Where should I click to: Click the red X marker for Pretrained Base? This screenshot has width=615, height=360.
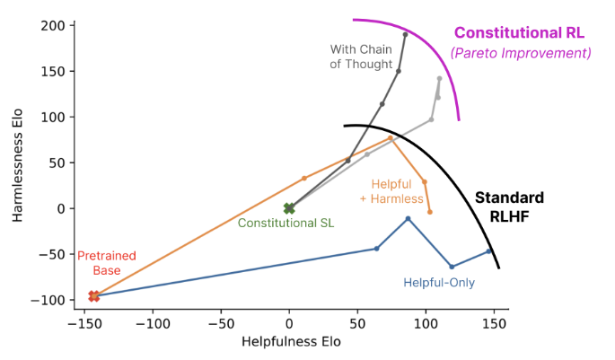(93, 296)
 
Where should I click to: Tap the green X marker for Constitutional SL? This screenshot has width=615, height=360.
(289, 208)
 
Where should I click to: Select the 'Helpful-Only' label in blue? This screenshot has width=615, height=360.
(439, 283)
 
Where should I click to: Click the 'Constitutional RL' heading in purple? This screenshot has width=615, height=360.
(519, 33)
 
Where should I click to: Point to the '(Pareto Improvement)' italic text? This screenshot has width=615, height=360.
(521, 54)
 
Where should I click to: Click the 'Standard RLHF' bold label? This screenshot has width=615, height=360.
(509, 206)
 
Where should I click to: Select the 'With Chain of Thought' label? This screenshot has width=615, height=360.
(362, 57)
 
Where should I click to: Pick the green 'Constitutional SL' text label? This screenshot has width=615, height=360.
(286, 223)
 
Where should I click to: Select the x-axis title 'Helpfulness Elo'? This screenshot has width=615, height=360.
(291, 342)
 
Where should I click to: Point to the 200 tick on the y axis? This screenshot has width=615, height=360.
(52, 25)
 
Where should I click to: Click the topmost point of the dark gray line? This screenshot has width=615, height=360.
(405, 35)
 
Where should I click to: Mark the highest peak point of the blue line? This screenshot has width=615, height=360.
(409, 219)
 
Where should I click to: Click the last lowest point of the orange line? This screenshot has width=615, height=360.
(430, 212)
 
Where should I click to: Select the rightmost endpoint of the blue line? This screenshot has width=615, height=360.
(489, 251)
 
